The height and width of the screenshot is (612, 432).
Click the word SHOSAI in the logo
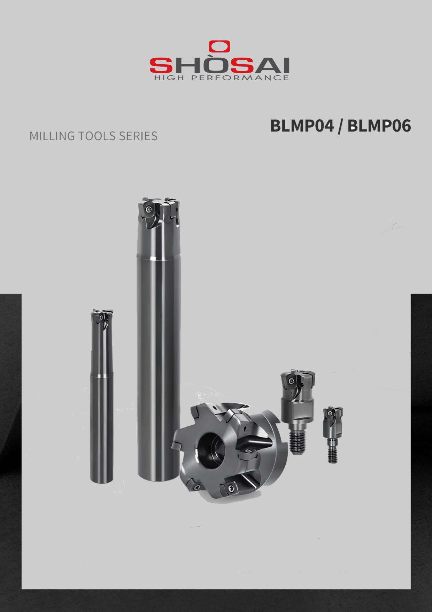219,65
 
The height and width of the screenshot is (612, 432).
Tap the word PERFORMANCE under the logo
240,77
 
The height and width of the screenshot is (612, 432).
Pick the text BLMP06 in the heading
379,126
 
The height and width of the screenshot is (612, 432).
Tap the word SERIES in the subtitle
138,136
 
